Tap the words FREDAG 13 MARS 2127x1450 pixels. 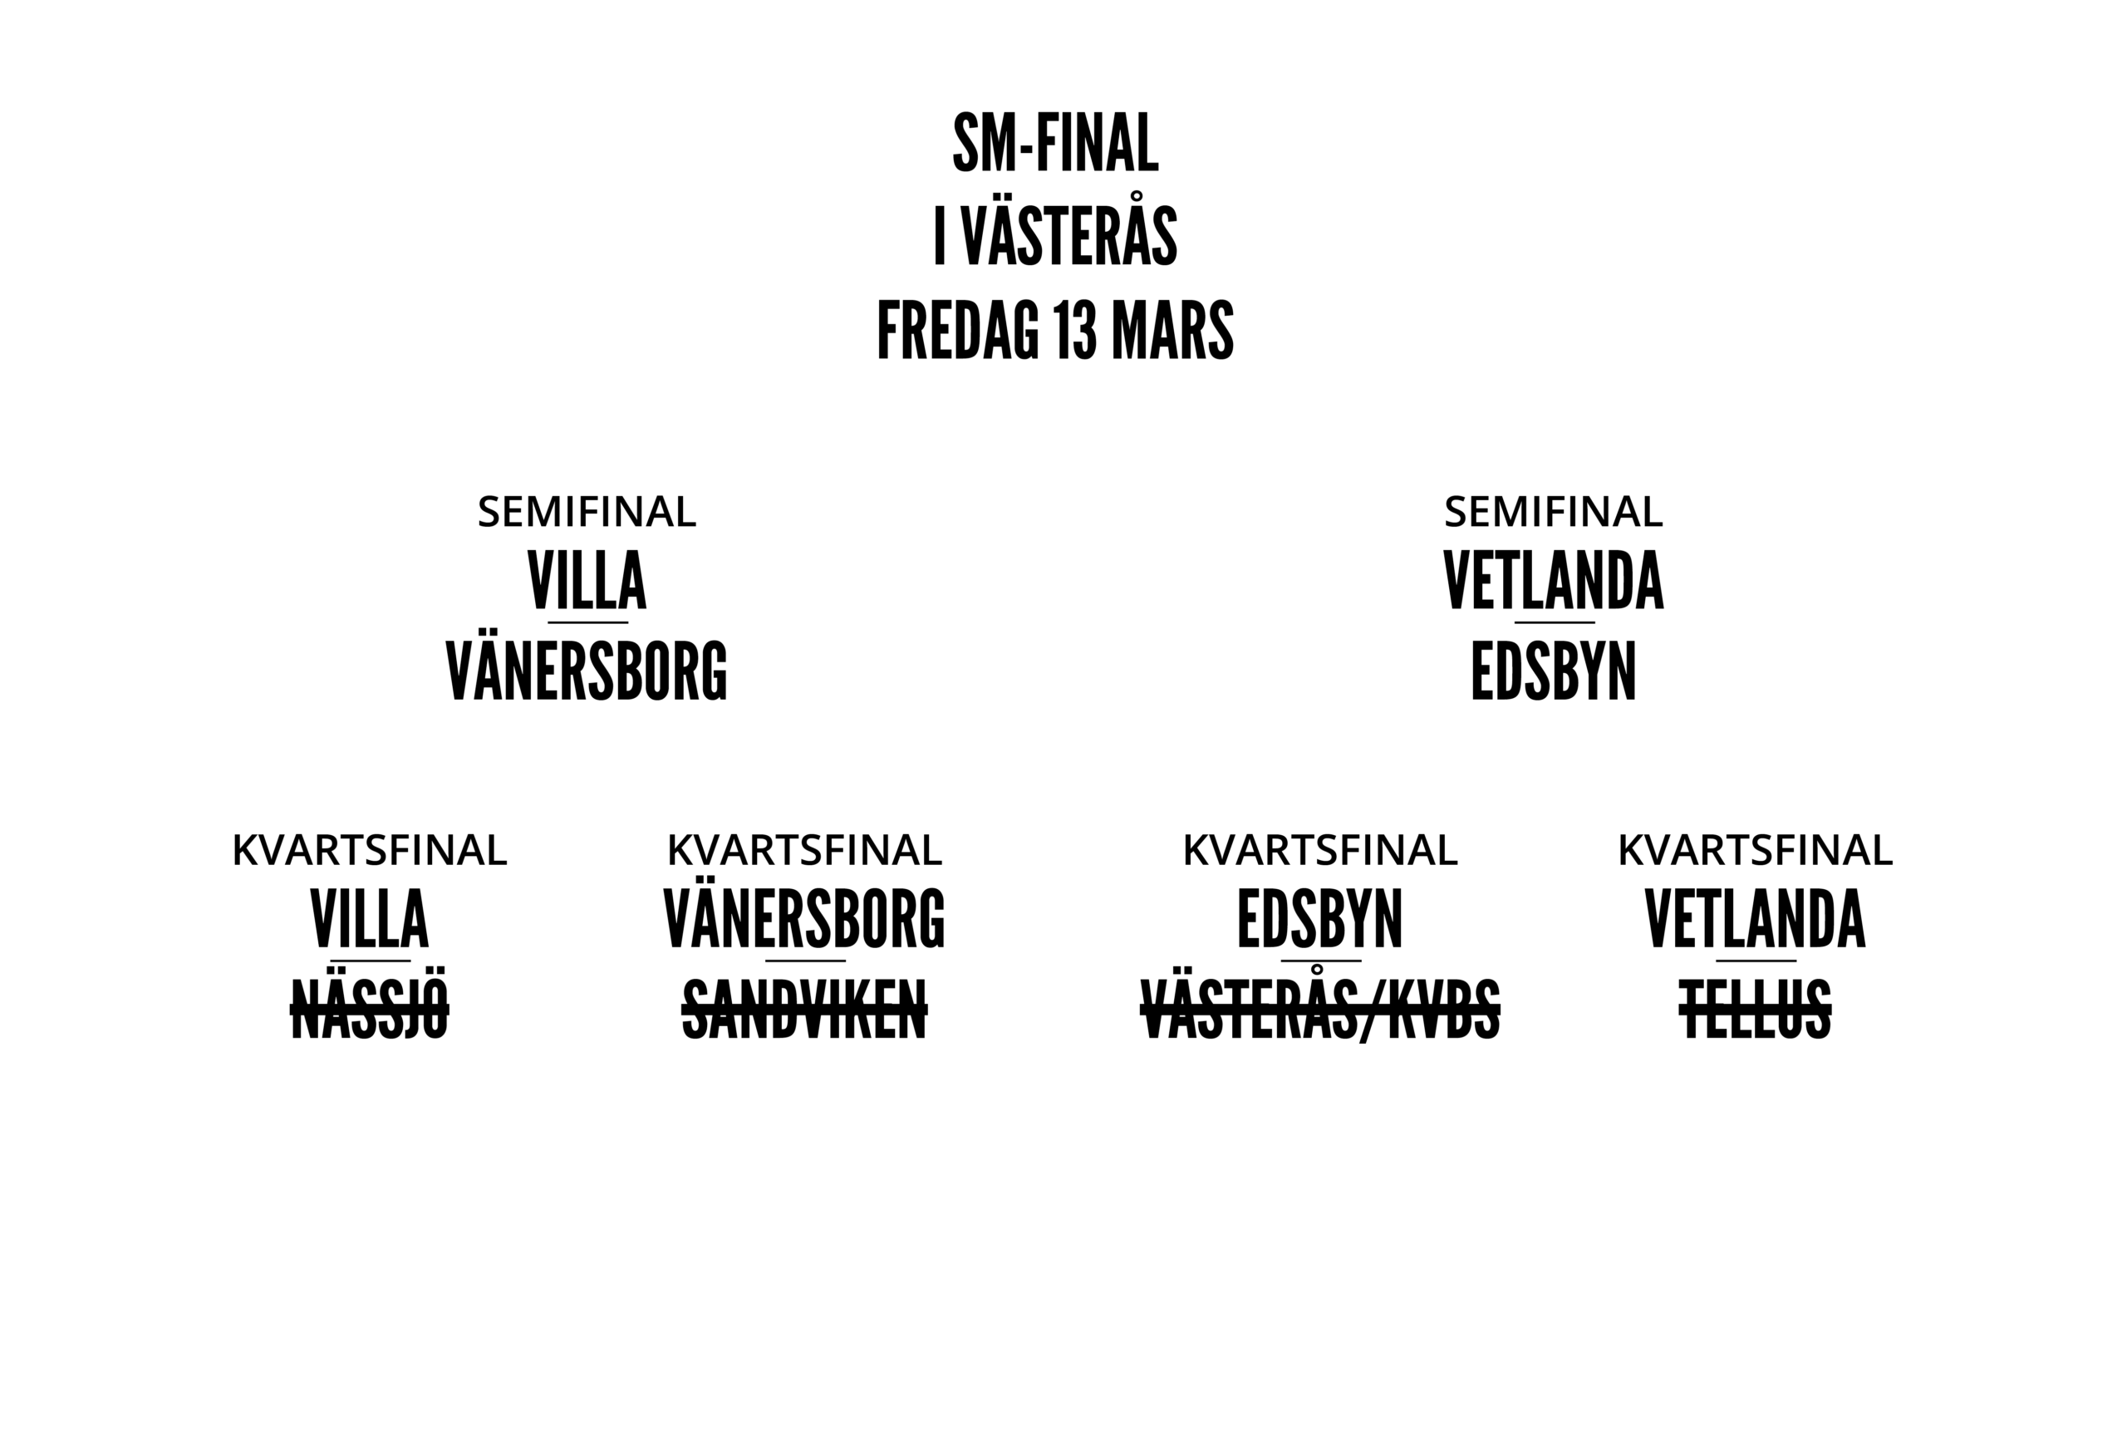click(1055, 332)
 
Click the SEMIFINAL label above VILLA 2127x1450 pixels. click(587, 513)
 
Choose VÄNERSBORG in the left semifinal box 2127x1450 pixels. click(587, 671)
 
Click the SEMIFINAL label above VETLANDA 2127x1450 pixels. click(1553, 513)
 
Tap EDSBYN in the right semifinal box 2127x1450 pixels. click(1553, 671)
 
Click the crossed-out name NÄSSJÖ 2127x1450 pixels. click(370, 1010)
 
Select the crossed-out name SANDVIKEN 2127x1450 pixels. click(804, 1010)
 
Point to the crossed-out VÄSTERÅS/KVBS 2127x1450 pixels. click(1319, 1010)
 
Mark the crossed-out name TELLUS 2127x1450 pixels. click(1756, 1010)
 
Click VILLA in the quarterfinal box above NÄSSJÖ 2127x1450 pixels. click(370, 920)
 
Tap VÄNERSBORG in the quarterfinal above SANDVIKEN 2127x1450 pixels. click(804, 920)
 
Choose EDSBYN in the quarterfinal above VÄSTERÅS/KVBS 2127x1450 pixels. click(1319, 920)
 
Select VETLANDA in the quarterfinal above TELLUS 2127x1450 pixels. click(1756, 920)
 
